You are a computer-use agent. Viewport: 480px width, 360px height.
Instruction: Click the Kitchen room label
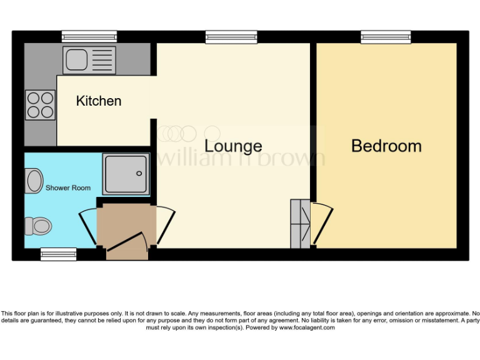coord(99,101)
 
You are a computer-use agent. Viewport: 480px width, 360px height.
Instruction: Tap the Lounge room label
coord(233,146)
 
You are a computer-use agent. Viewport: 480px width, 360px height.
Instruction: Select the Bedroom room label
coord(386,146)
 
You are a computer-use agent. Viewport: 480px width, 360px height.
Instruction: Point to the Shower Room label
coord(67,187)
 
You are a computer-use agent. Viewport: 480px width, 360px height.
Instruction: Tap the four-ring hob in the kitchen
coord(39,105)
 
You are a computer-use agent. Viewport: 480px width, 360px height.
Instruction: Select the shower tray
coord(126,172)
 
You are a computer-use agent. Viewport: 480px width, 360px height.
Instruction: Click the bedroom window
coord(386,37)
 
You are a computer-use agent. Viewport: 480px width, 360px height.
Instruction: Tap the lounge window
coord(231,37)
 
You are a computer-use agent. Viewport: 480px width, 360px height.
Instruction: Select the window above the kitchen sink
coord(89,37)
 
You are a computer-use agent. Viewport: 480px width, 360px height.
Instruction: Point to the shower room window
coord(58,254)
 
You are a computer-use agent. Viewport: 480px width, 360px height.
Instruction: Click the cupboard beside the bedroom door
coord(300,224)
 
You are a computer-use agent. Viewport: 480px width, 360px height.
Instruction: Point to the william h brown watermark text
coord(241,157)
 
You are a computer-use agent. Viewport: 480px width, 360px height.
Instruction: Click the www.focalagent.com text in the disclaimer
coord(307,327)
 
